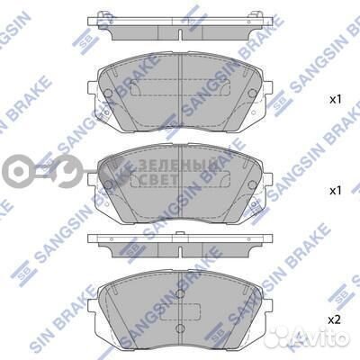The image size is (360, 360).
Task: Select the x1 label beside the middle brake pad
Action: point(336,191)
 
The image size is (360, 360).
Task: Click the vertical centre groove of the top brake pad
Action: point(180,90)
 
